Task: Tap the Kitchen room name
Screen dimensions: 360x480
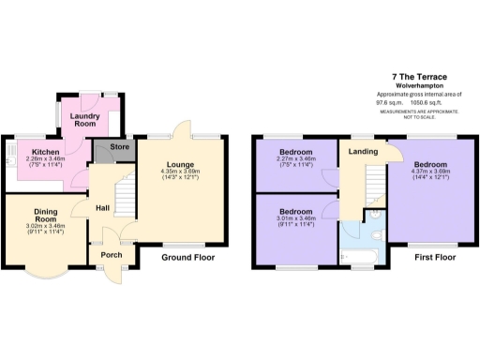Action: pyautogui.click(x=46, y=151)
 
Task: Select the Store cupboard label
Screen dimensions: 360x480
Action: pyautogui.click(x=119, y=146)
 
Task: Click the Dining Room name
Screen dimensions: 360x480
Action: pyautogui.click(x=46, y=216)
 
